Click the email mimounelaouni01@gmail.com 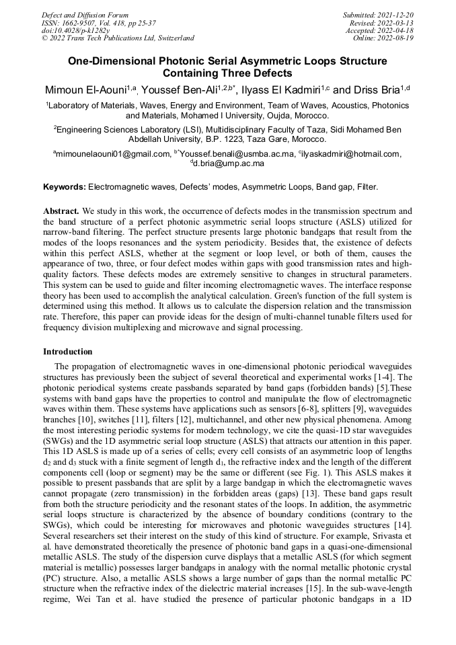[113, 154]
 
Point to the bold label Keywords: [65, 186]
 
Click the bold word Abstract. [61, 211]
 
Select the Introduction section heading [68, 352]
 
